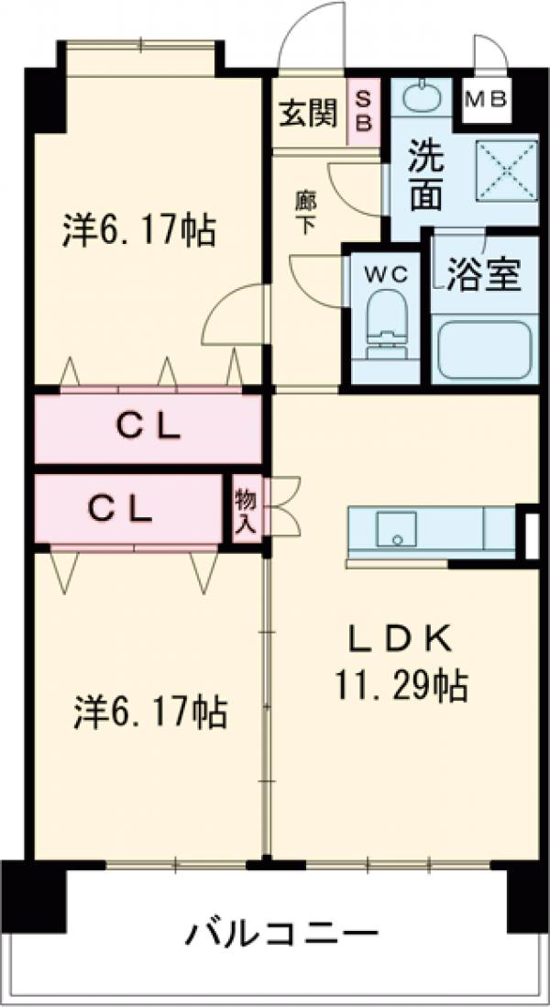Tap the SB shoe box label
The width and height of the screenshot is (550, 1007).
point(364,112)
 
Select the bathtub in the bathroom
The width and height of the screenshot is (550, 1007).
point(484,349)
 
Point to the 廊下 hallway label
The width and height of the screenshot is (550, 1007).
point(305,212)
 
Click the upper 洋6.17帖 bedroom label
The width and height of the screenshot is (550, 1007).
point(138,230)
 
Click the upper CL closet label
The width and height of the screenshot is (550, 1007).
point(148,428)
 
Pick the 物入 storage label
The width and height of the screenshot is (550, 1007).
point(246,512)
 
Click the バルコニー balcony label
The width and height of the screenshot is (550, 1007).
point(282,935)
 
